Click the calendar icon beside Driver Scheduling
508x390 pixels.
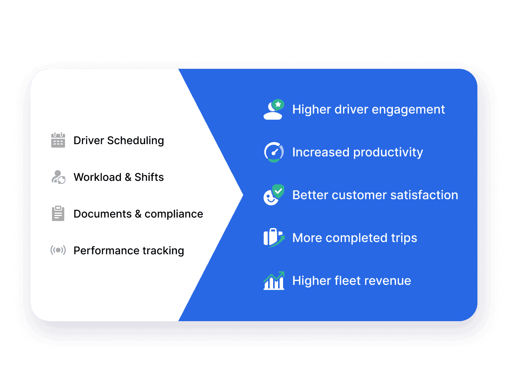point(58,140)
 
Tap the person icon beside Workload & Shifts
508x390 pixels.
point(58,177)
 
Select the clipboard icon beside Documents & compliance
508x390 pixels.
point(58,213)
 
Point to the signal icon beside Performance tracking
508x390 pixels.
point(58,250)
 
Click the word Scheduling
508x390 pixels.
point(135,141)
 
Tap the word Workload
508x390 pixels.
point(98,177)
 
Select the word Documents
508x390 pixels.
point(103,214)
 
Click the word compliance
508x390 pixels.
point(174,214)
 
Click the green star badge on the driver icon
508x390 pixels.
point(278,104)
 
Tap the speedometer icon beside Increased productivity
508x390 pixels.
point(274,152)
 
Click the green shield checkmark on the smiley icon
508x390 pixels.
point(278,190)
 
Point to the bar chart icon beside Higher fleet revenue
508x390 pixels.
point(274,281)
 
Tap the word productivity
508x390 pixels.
point(388,153)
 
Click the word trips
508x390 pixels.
point(404,238)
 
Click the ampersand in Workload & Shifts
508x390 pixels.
point(128,177)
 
